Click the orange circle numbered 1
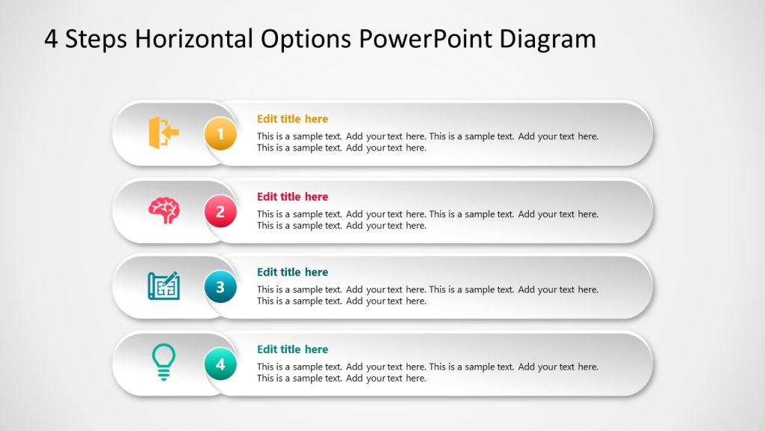click(x=220, y=135)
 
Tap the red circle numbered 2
click(x=220, y=213)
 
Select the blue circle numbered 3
click(x=220, y=287)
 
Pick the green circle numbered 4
click(x=220, y=364)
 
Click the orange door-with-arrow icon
click(x=164, y=132)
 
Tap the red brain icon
click(x=164, y=210)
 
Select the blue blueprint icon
click(x=164, y=285)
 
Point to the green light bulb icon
click(x=164, y=362)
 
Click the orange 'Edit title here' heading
click(x=292, y=119)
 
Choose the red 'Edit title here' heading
click(x=292, y=197)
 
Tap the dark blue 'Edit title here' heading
click(x=292, y=272)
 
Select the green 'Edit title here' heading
click(x=292, y=349)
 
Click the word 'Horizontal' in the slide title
click(x=195, y=39)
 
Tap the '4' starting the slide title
click(x=51, y=39)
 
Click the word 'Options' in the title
click(x=306, y=39)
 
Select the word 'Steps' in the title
click(x=96, y=39)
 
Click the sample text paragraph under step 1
click(x=427, y=142)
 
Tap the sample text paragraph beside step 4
click(x=427, y=373)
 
